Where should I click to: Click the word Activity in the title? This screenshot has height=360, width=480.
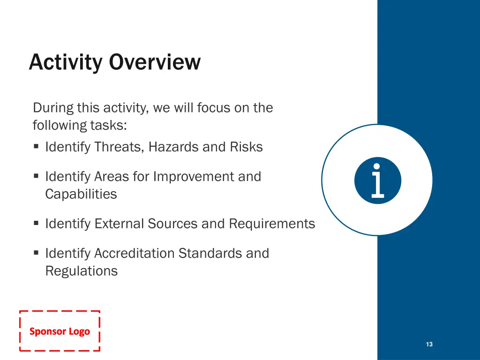pos(66,63)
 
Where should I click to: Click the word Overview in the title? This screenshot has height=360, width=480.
pos(155,62)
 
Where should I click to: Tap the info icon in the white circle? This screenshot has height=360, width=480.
pos(377,180)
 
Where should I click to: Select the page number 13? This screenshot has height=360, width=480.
pos(429,344)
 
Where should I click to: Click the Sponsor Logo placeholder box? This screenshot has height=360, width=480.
pos(60,331)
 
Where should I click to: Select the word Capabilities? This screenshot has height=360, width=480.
pos(81,195)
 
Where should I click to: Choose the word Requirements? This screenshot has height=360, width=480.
pos(272,224)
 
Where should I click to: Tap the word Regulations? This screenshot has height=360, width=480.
pos(82,271)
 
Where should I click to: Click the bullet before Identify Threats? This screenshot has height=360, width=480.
pos(36,146)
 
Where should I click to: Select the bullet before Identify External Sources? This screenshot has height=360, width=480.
pos(36,223)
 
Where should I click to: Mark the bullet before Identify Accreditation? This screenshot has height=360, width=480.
pos(36,253)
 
